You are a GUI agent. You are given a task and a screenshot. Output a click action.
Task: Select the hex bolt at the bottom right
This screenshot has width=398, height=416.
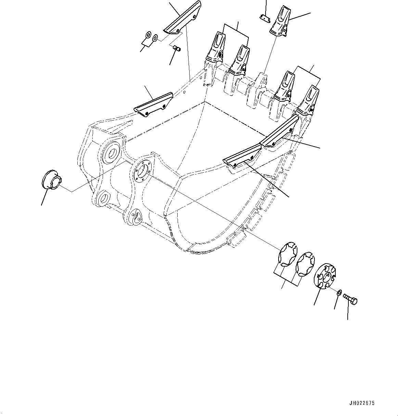click(350, 299)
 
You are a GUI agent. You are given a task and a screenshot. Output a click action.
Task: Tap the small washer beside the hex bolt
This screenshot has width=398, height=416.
click(338, 292)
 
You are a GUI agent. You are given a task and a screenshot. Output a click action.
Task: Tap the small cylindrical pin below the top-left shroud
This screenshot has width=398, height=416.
click(177, 49)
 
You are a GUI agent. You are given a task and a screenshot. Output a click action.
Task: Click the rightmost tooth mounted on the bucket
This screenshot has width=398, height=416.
click(309, 99)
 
